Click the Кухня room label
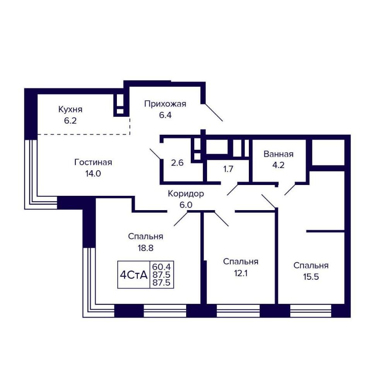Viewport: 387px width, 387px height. pos(70,110)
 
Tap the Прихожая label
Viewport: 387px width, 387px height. pos(165,104)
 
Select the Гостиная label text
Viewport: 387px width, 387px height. pos(93,162)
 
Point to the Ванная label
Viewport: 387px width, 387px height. pos(278,154)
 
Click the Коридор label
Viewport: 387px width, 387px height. pos(186,194)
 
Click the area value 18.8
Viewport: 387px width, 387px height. pos(146,248)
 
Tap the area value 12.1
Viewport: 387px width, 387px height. pos(241,273)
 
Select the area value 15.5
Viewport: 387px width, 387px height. pos(311,277)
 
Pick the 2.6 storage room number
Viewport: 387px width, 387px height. pos(177,163)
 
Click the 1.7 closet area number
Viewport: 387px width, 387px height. pos(228,169)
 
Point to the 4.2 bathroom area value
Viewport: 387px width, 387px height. pos(278,165)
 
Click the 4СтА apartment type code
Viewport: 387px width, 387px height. pos(134,275)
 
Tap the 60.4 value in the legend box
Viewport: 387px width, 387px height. pos(161,267)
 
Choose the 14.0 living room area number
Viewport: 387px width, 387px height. pos(93,173)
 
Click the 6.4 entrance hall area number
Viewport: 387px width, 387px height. pos(165,115)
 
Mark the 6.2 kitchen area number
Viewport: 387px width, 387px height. pos(70,121)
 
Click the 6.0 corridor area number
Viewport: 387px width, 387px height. pos(186,205)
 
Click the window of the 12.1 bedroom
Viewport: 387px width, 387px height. pos(238,311)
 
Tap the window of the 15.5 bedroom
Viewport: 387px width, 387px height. pos(311,311)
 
